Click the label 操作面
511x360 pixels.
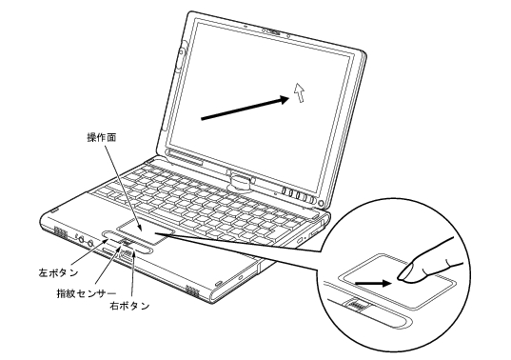(x=102, y=137)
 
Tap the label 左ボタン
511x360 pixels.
(x=58, y=272)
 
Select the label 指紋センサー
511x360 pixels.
(x=87, y=293)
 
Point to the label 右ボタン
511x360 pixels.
(x=129, y=306)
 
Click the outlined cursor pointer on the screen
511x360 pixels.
(x=299, y=92)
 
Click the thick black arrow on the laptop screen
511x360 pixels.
(x=246, y=108)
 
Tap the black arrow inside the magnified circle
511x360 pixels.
(x=373, y=283)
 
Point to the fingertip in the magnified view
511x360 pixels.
(x=405, y=273)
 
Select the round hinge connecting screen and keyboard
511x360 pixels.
(x=242, y=182)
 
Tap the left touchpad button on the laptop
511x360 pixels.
(x=112, y=235)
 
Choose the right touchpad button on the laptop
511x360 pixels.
(x=142, y=249)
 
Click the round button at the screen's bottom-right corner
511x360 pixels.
(x=321, y=204)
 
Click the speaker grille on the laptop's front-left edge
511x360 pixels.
(x=60, y=231)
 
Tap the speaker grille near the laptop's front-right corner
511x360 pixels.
(x=192, y=290)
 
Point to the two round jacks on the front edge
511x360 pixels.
(x=86, y=241)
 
